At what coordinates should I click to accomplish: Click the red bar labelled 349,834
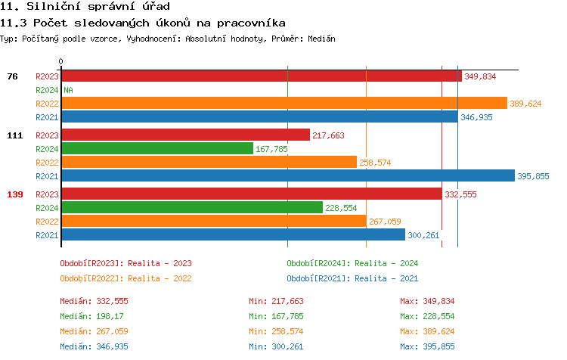(x=261, y=76)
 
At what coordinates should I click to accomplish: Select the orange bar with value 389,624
(x=283, y=104)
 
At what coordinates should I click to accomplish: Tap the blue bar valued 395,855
(x=287, y=176)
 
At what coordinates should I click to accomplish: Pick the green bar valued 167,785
(x=156, y=149)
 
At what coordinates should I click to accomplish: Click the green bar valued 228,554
(x=191, y=207)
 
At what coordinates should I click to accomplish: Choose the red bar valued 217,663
(x=185, y=135)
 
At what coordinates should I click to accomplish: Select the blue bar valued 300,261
(x=233, y=234)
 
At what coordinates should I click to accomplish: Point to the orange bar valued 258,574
(x=209, y=163)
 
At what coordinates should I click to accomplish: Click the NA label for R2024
(x=68, y=90)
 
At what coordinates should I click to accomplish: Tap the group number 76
(x=13, y=76)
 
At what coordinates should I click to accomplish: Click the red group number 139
(x=15, y=194)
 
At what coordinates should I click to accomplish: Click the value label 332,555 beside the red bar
(x=460, y=194)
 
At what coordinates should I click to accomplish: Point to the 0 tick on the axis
(x=61, y=62)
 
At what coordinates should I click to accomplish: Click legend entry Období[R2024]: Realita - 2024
(x=352, y=263)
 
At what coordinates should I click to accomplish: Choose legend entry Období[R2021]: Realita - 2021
(x=352, y=278)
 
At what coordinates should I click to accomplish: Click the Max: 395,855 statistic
(x=427, y=346)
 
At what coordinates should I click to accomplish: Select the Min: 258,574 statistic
(x=276, y=331)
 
